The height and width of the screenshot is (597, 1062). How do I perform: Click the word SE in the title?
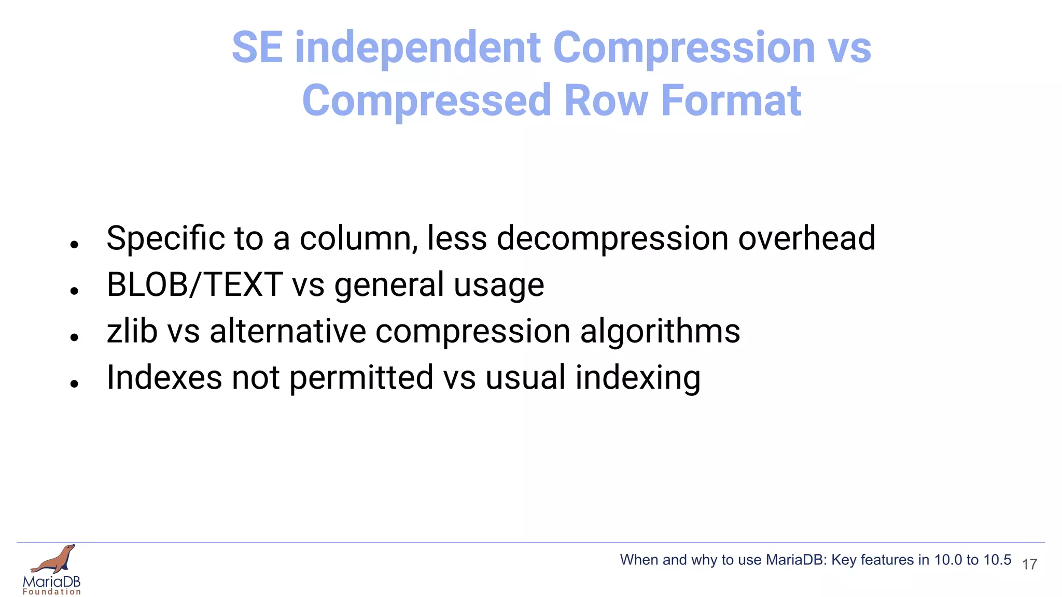257,48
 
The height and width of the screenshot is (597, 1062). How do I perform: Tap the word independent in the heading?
418,48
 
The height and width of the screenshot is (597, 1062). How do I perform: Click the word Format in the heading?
731,101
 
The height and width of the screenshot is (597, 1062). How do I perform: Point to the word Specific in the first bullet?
165,238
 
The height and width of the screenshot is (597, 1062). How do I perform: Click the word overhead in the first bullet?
806,238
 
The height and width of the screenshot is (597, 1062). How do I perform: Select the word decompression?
612,239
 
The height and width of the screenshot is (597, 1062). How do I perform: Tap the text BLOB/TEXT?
194,285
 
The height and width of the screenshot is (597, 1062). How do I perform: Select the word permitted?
361,378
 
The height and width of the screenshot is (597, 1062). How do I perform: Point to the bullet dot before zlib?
75,337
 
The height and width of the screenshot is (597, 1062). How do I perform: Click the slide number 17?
1029,564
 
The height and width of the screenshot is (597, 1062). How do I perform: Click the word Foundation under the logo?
52,592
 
